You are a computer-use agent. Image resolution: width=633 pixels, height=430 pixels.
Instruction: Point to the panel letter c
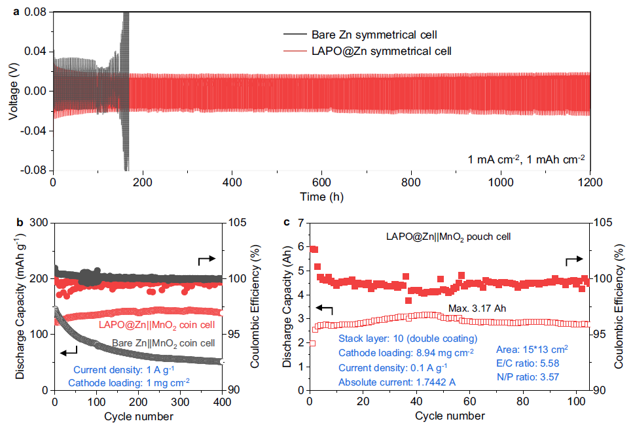pyautogui.click(x=286, y=222)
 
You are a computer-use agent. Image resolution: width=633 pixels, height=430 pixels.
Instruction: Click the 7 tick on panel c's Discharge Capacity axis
pyautogui.click(x=296, y=223)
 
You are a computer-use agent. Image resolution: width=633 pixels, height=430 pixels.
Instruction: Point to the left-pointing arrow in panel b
pyautogui.click(x=67, y=353)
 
